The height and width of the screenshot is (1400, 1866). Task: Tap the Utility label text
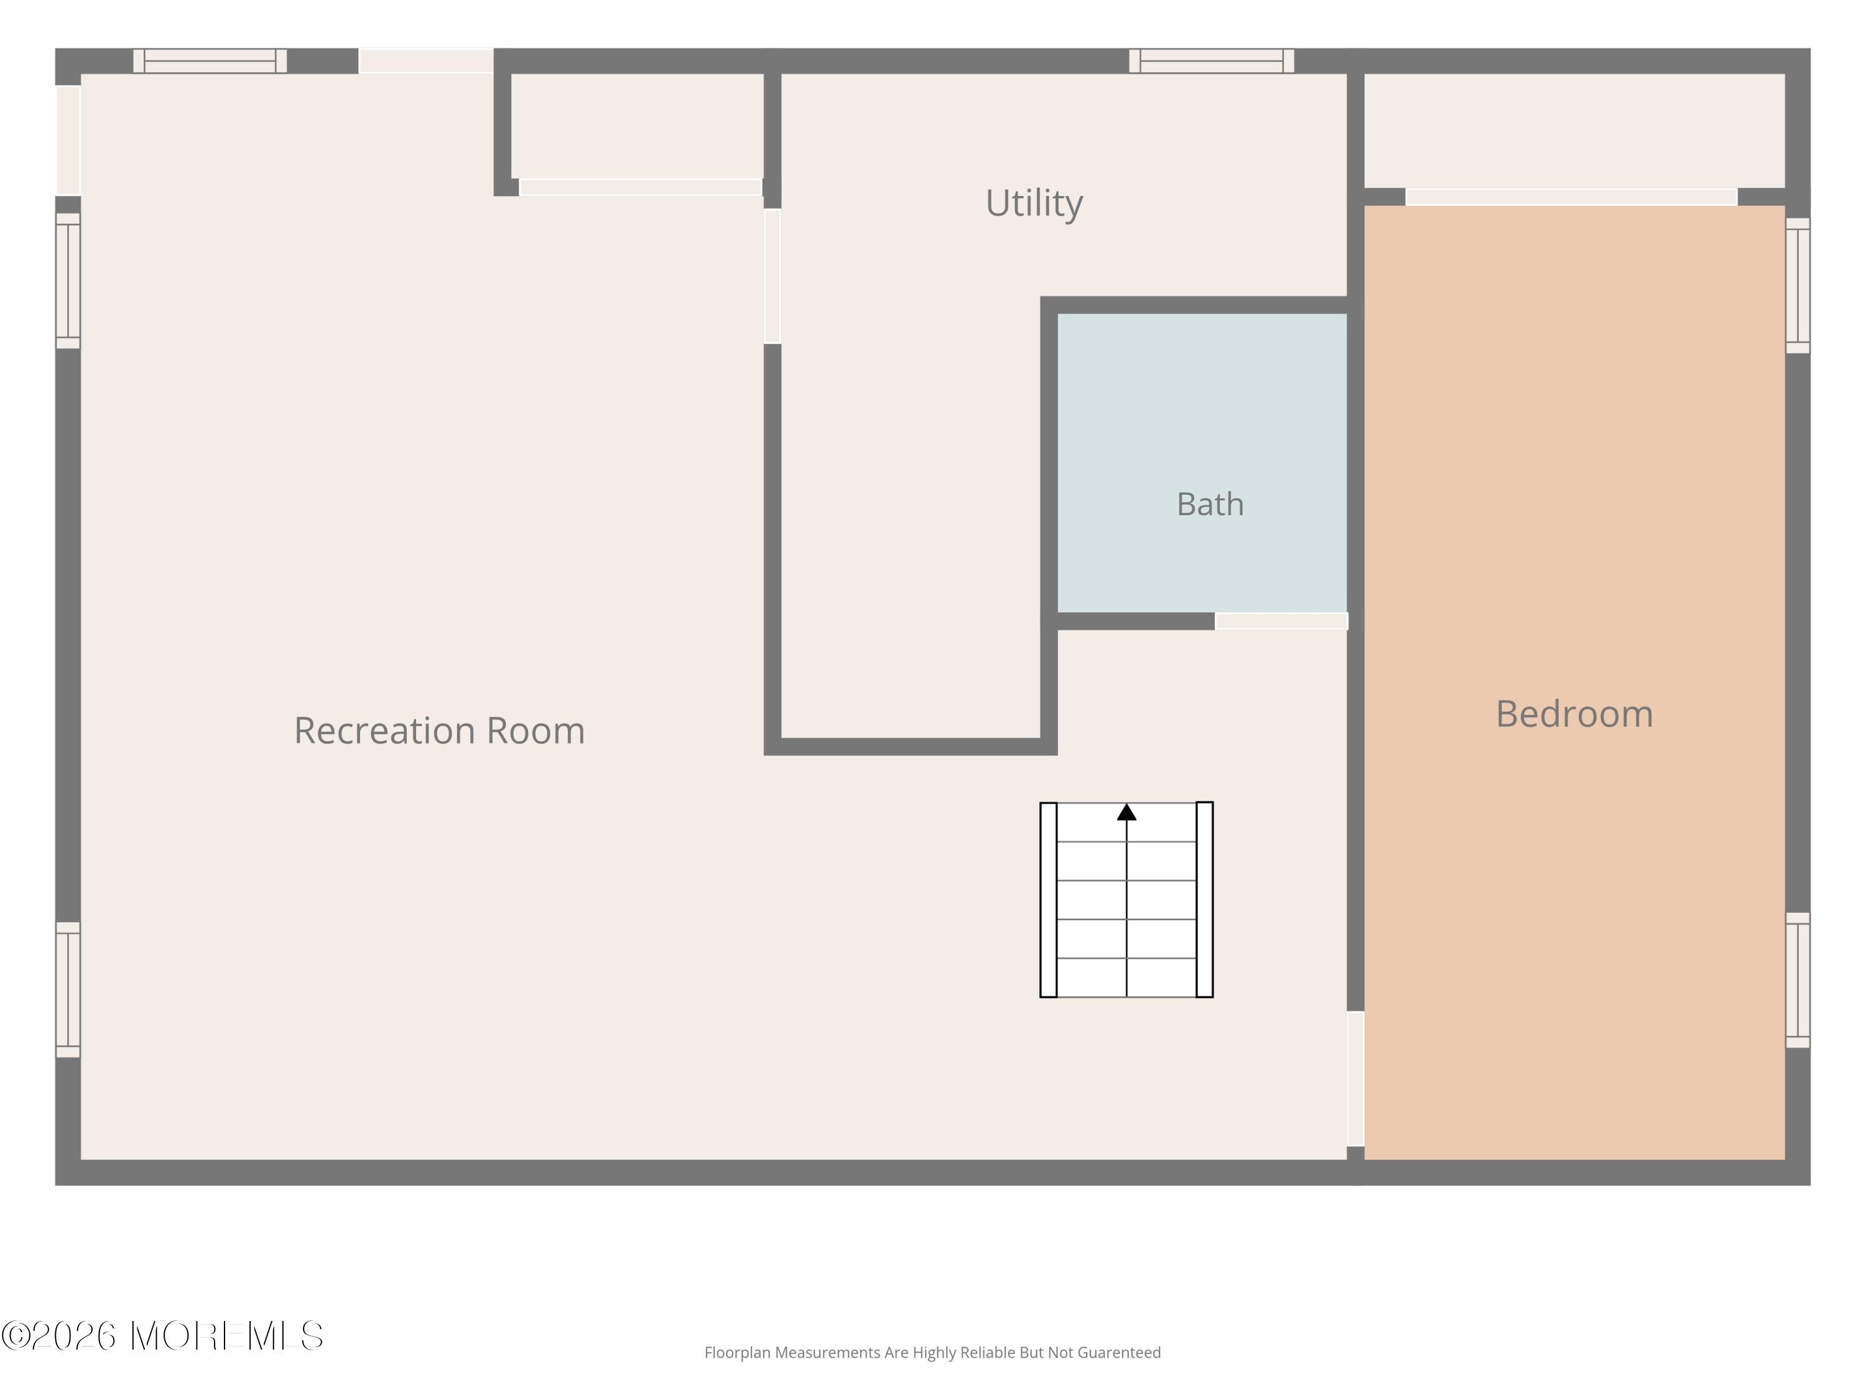pos(1034,203)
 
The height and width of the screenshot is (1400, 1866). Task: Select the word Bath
pos(1210,505)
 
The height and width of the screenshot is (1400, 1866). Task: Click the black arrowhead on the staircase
pos(1126,812)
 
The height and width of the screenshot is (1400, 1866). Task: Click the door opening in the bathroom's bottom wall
pos(1281,621)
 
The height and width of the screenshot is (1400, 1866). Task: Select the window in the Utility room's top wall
pos(1212,61)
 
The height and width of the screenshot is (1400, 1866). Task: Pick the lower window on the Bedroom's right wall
pos(1798,980)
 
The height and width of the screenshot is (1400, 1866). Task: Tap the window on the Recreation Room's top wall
pos(210,61)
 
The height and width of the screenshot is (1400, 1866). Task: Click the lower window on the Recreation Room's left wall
pos(68,989)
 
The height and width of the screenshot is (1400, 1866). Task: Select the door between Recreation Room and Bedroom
pos(1355,1078)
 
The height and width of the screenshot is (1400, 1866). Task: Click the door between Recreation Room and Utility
pos(772,276)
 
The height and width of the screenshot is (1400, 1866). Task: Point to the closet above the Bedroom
pos(1574,131)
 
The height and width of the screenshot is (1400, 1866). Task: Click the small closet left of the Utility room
pos(637,126)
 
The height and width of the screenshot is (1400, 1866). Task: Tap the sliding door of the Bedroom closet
pos(1571,197)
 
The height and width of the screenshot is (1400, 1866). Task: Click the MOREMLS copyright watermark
pos(162,1336)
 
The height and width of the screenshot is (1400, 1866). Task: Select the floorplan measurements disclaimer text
pos(932,1353)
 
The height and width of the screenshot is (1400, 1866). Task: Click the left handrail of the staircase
pos(1049,900)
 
